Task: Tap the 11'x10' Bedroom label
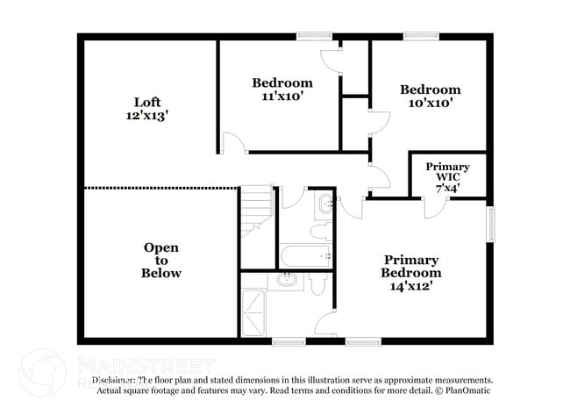[x=282, y=89]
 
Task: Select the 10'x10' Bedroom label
[x=430, y=96]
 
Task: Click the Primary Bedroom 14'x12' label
[x=410, y=272]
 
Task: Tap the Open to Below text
[x=161, y=261]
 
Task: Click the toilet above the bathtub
[x=319, y=232]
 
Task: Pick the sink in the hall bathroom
[x=324, y=204]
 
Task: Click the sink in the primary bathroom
[x=287, y=280]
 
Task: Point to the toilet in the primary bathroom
[x=317, y=283]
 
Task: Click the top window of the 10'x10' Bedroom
[x=421, y=36]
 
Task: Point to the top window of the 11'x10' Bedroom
[x=313, y=36]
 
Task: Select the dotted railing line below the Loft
[x=160, y=188]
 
